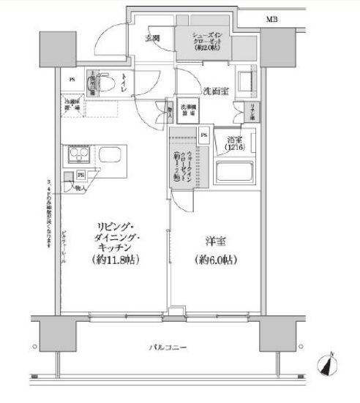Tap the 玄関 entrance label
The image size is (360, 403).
click(x=152, y=37)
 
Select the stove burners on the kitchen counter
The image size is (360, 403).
click(x=77, y=155)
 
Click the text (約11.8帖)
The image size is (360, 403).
click(x=116, y=260)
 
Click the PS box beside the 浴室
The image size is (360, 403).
click(x=203, y=135)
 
